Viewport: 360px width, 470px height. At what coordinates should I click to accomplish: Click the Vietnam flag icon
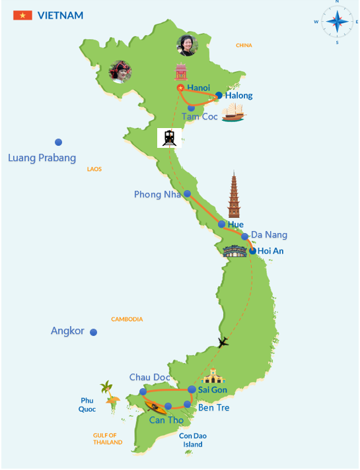22,15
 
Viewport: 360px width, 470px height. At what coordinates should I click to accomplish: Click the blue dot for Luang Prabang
59,142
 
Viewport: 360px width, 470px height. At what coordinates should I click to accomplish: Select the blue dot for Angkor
94,332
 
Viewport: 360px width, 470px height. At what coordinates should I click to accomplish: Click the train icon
169,137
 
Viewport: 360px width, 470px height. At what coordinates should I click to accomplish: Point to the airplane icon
223,342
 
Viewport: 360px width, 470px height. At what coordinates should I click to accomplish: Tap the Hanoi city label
198,88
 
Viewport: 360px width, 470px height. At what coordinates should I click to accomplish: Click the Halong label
238,96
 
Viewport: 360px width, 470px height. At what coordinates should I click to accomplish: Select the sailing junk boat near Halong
233,114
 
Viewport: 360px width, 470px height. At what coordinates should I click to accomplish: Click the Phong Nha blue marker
187,194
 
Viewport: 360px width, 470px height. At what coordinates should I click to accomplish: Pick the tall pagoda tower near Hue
234,195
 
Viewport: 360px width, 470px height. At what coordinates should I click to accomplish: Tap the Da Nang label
269,235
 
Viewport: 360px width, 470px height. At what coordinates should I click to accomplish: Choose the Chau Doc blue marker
143,391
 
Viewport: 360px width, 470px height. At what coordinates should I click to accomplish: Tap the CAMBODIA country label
127,319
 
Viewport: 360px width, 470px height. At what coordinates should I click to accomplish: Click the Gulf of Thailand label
107,438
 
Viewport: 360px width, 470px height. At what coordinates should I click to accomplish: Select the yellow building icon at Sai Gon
213,377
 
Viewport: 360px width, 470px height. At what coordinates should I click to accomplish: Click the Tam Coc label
200,116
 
